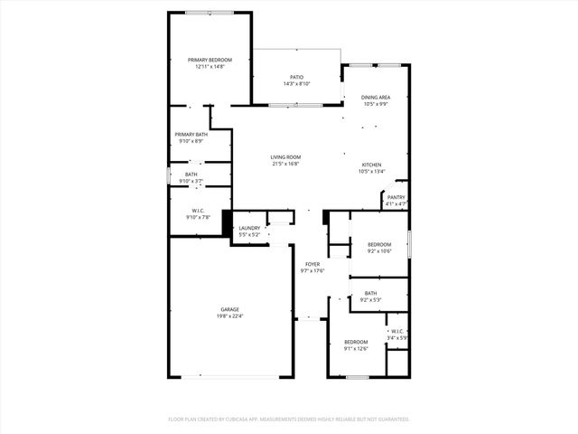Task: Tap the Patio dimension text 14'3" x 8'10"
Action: coord(297,84)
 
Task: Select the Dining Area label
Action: coord(376,97)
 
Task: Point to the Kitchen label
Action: coord(372,164)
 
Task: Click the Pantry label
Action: coord(396,197)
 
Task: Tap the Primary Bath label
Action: coord(191,134)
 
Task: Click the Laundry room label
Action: coord(249,228)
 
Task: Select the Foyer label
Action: coord(312,264)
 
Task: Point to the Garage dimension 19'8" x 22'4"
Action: coord(205,316)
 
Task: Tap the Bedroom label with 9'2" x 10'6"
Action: coord(379,245)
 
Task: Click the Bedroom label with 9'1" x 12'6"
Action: coord(356,341)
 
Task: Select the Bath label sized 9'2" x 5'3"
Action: coord(370,293)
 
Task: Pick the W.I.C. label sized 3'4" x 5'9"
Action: coord(397,332)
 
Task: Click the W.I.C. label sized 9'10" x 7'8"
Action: coord(198,211)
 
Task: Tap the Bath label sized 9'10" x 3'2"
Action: coord(191,175)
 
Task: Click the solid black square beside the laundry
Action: coord(228,223)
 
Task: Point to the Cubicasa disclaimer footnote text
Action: coord(289,420)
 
